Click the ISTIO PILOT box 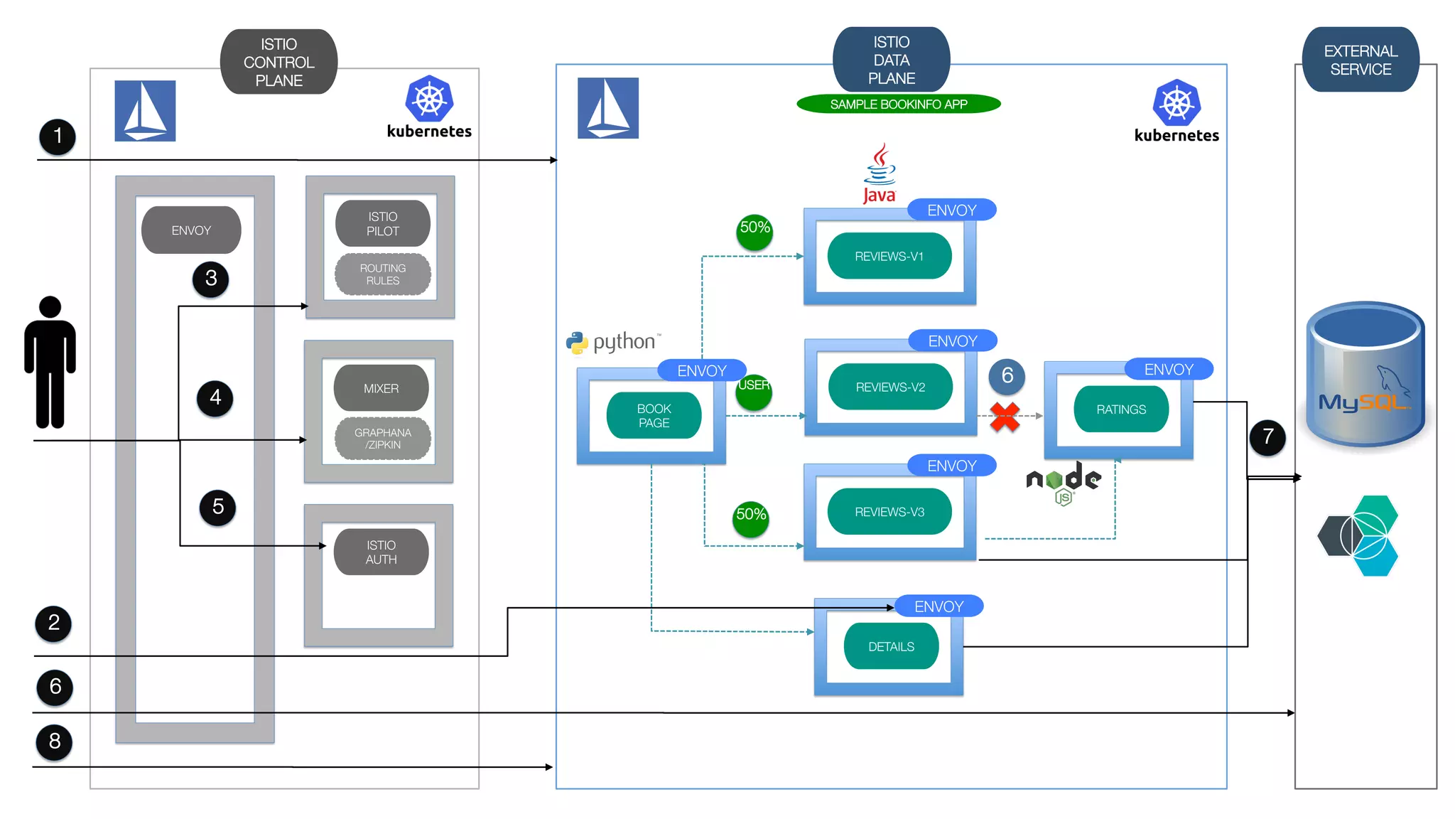tap(382, 223)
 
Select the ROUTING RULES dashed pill tap(382, 274)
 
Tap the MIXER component tap(381, 388)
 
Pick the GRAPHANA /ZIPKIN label tap(382, 439)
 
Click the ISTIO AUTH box tap(381, 552)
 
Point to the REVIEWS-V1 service tap(889, 256)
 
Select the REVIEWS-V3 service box tap(889, 512)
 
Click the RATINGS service tap(1120, 409)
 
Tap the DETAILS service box tap(891, 646)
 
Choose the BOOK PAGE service tap(654, 416)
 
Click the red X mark tap(1005, 417)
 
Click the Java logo tap(880, 173)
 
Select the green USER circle tap(753, 392)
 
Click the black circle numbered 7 tap(1267, 437)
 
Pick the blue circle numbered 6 tap(1007, 375)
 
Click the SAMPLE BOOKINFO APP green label tap(898, 105)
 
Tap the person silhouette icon tap(50, 363)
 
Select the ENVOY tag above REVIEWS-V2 tap(952, 341)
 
